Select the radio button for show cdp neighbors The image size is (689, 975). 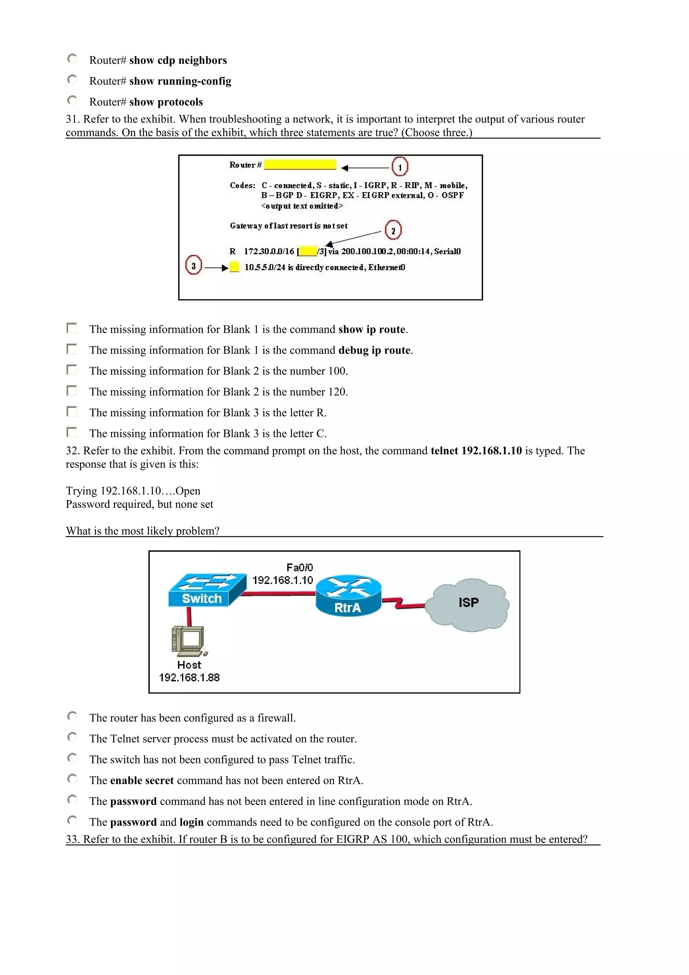[x=72, y=59]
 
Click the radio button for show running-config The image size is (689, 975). [x=72, y=79]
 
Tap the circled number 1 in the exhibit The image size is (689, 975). [x=399, y=167]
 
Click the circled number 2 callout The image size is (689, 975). [x=393, y=230]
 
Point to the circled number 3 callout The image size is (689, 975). [x=193, y=265]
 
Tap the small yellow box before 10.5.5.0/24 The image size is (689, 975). [x=234, y=267]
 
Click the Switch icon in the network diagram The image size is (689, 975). [x=207, y=590]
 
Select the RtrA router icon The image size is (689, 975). [x=348, y=595]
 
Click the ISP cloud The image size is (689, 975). [x=468, y=604]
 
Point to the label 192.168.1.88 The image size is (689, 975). [x=189, y=678]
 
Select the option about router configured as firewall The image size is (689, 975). [x=72, y=716]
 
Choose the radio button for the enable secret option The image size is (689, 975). [x=72, y=779]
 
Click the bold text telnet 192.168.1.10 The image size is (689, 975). [x=476, y=450]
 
